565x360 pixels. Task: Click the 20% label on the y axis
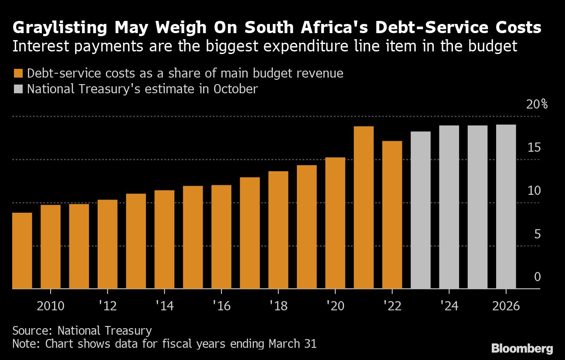pos(537,104)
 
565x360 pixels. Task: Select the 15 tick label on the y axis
pos(534,147)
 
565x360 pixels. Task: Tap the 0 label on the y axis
pos(537,277)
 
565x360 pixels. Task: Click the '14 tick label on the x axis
pos(164,306)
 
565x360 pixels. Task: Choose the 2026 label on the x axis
pos(506,306)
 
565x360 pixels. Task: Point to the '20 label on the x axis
pos(335,306)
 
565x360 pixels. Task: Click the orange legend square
pos(18,73)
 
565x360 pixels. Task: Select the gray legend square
pos(18,89)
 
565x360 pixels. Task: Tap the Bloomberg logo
pos(522,348)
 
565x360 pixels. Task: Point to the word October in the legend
pos(235,89)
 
